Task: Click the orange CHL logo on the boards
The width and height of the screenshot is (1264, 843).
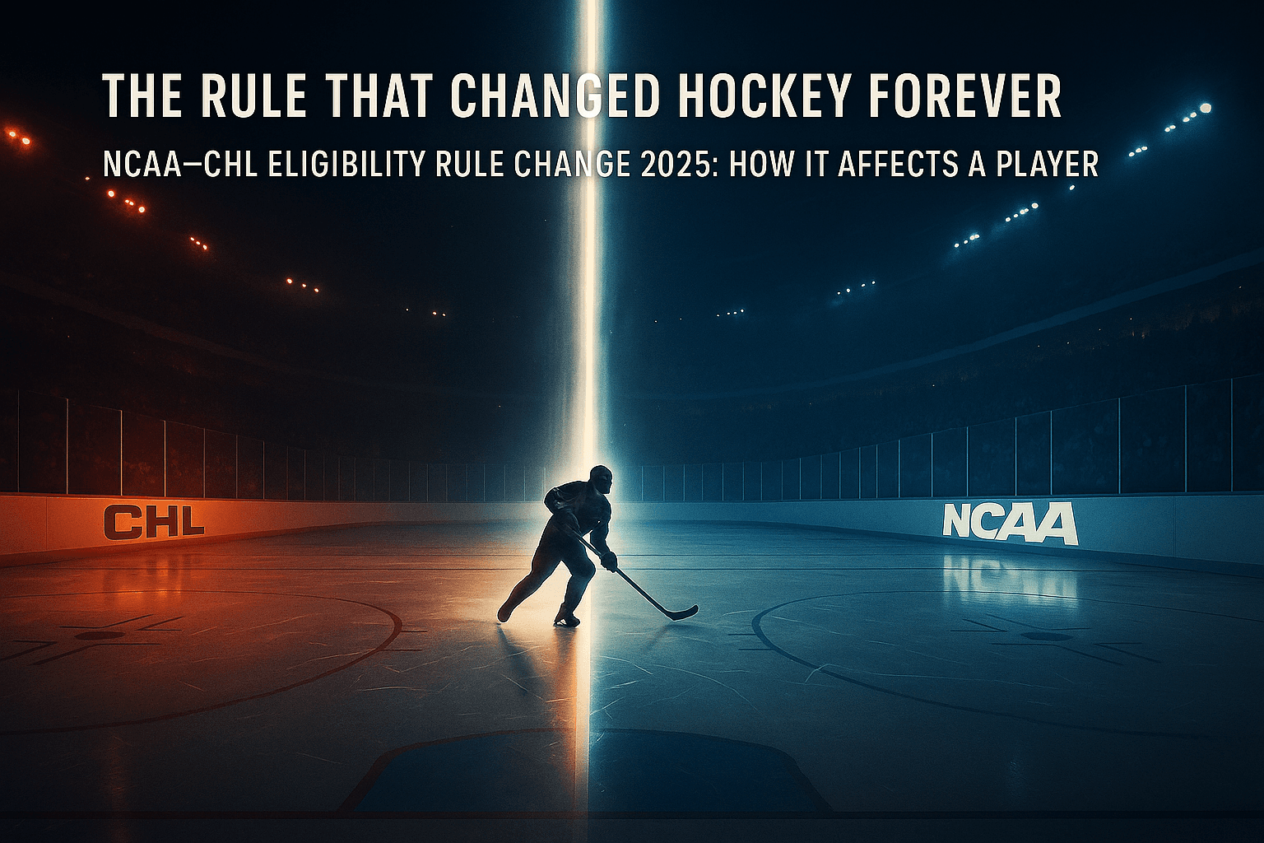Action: [x=154, y=521]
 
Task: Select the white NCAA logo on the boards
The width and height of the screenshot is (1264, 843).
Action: [x=1010, y=523]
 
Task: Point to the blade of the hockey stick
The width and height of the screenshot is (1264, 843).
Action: [x=683, y=613]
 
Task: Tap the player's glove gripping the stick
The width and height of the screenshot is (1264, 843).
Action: [x=609, y=561]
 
